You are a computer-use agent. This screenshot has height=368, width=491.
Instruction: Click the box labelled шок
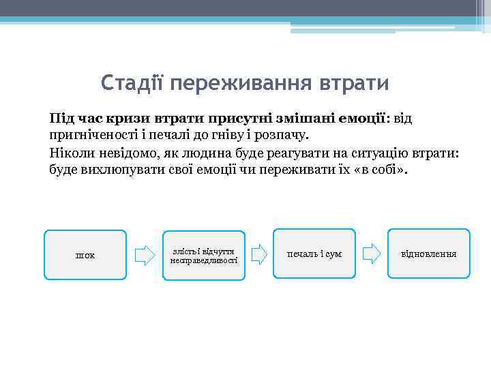pyautogui.click(x=85, y=255)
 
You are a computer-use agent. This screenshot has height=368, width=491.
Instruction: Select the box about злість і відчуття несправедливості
pyautogui.click(x=204, y=255)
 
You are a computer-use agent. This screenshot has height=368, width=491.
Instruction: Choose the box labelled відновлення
pyautogui.click(x=429, y=254)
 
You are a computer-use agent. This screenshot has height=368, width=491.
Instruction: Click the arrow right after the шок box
pyautogui.click(x=145, y=255)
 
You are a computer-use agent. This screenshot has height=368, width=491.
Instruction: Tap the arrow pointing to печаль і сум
pyautogui.click(x=258, y=254)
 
